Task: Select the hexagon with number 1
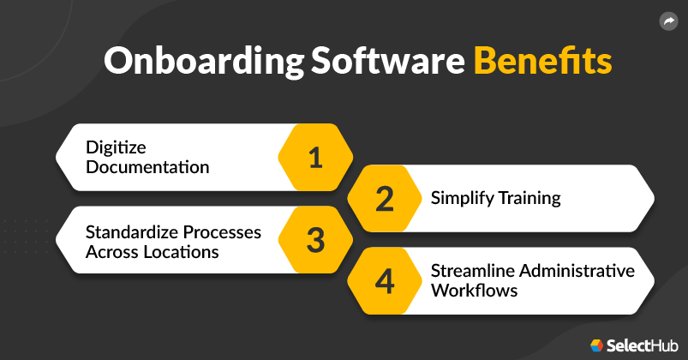(315, 158)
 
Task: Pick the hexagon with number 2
(385, 199)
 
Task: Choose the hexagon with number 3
(315, 240)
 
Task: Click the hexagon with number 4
(385, 281)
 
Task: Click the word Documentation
(147, 167)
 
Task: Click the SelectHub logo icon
(597, 345)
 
